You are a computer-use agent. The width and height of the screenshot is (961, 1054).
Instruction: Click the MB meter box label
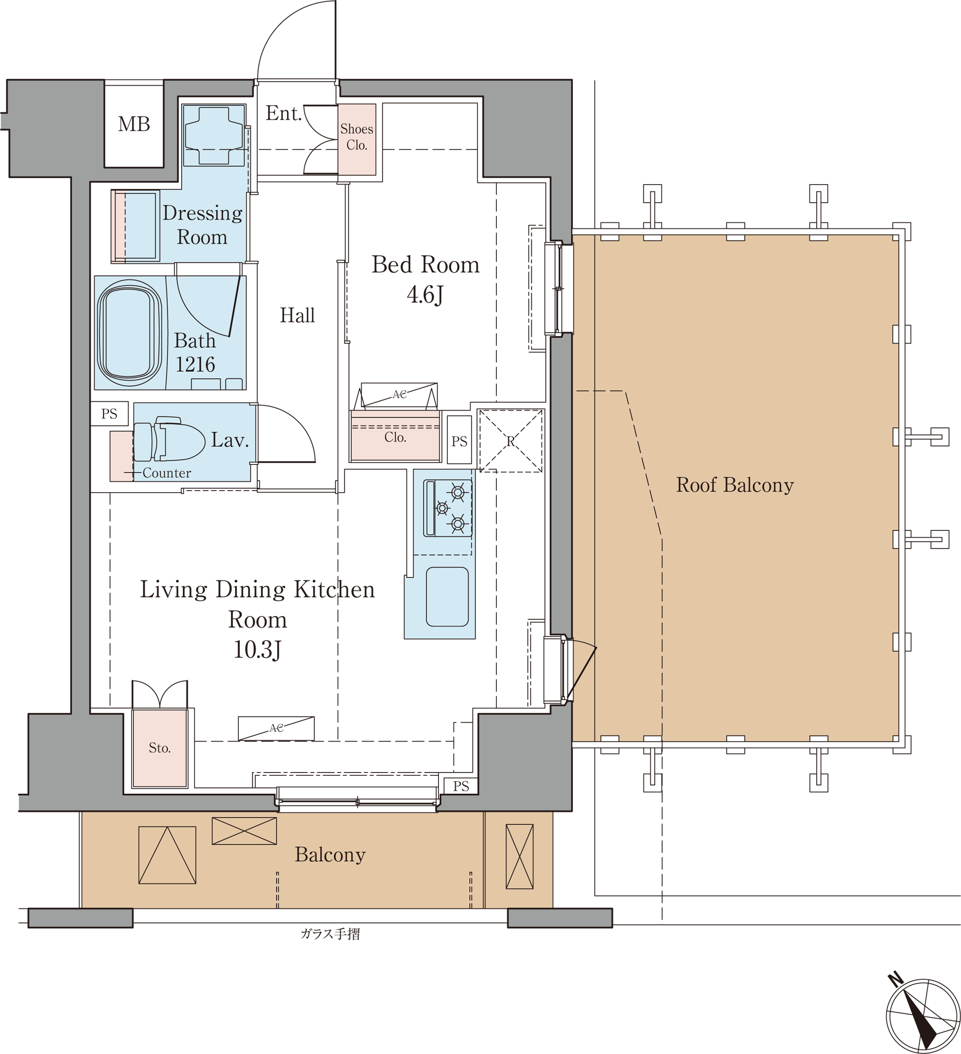[134, 124]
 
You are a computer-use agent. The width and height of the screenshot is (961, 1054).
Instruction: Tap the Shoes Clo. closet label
[357, 137]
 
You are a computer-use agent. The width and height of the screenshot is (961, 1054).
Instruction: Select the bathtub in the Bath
[129, 333]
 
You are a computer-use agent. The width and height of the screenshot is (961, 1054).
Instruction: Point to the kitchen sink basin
[447, 597]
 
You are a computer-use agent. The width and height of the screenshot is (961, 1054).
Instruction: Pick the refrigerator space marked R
[511, 441]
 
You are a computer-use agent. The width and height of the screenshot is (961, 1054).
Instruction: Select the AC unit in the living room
[276, 728]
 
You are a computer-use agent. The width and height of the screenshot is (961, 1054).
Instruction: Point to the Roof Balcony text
[735, 485]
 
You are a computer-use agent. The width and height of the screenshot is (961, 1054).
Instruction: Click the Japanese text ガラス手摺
[330, 934]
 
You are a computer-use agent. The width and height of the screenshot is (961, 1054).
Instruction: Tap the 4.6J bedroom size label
[425, 294]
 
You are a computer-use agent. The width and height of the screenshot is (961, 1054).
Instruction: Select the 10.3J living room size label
[257, 649]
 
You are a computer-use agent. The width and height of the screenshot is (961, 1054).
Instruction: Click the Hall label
[297, 315]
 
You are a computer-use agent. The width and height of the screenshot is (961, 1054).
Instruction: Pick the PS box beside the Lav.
[109, 413]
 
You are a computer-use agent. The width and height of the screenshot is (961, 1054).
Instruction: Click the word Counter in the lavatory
[167, 473]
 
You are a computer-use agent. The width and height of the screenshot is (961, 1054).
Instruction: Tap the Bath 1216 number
[195, 364]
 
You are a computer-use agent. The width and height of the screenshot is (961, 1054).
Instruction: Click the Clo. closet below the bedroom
[395, 436]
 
